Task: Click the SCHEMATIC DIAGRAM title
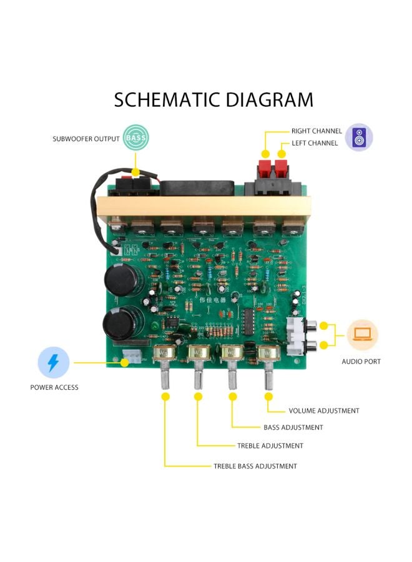point(213,99)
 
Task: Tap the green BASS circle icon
point(135,138)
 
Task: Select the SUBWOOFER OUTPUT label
point(86,139)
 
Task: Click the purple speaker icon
point(359,137)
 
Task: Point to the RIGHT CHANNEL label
point(316,131)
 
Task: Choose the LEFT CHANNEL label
point(315,143)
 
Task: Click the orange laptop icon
point(363,335)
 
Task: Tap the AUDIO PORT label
point(361,362)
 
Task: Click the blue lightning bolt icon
point(52,363)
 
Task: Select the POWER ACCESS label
point(54,387)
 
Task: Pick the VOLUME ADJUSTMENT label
point(324,411)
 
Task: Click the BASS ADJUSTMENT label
point(293,428)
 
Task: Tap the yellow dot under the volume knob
point(269,397)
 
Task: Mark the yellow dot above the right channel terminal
point(265,154)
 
